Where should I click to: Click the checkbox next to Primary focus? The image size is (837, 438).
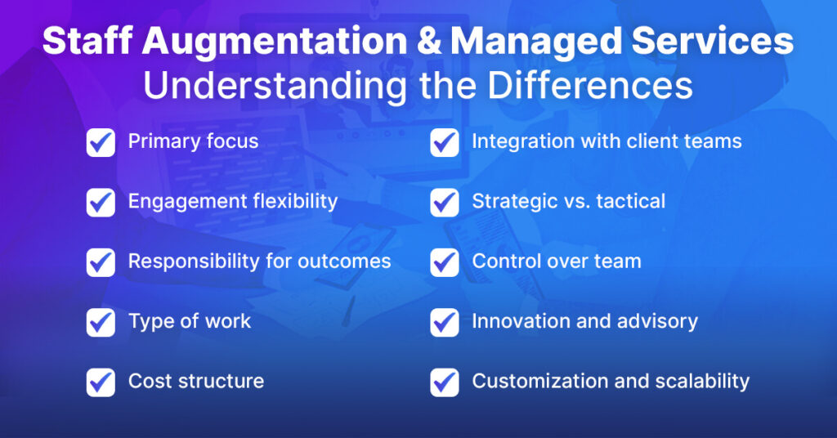click(x=101, y=142)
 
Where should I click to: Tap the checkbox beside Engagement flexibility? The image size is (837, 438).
click(x=101, y=202)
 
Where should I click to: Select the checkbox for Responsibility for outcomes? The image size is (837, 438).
click(x=101, y=262)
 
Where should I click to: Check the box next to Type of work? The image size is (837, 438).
click(x=101, y=322)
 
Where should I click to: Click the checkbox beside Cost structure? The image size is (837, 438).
click(x=101, y=382)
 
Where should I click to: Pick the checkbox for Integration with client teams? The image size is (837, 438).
click(x=445, y=142)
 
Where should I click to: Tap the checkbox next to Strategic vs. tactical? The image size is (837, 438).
click(x=445, y=202)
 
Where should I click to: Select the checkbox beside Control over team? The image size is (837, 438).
click(x=445, y=262)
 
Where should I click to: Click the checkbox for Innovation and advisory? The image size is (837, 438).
click(x=445, y=322)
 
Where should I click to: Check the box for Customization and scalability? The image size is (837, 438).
click(x=445, y=382)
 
